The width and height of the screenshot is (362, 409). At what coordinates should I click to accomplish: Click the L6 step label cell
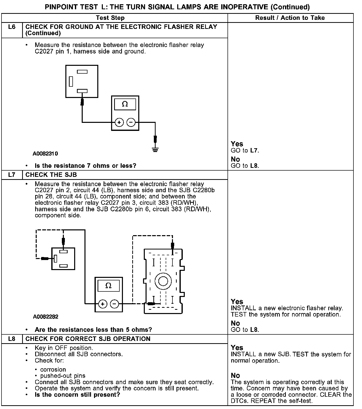[x=12, y=27]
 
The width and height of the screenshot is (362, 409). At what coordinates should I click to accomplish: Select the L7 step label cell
[x=12, y=175]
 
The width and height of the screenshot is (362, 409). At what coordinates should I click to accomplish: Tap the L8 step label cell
[x=12, y=339]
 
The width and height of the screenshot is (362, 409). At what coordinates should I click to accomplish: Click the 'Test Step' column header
[x=110, y=18]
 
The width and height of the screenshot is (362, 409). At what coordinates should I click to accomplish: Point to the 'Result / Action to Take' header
[x=290, y=18]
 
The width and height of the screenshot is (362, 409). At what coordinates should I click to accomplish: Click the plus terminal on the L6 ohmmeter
[x=119, y=123]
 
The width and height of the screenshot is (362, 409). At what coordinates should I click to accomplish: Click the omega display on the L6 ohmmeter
[x=125, y=104]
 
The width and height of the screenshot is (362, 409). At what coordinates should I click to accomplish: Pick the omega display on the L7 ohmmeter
[x=108, y=286]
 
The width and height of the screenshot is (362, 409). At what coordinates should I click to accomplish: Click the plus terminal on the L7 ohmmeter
[x=103, y=304]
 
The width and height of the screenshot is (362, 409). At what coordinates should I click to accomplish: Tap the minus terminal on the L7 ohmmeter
[x=114, y=304]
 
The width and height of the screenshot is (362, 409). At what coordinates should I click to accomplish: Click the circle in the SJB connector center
[x=163, y=281]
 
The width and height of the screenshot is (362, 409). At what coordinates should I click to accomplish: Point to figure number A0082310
[x=45, y=154]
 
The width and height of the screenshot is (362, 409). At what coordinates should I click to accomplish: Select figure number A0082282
[x=46, y=317]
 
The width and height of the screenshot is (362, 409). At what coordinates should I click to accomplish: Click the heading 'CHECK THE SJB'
[x=51, y=175]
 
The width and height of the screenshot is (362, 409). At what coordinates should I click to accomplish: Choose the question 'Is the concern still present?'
[x=77, y=394]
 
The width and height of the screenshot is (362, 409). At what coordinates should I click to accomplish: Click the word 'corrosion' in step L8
[x=53, y=370]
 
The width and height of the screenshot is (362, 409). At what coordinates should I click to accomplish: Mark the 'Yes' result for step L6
[x=237, y=144]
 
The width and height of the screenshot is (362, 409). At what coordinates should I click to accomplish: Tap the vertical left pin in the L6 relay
[x=71, y=81]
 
